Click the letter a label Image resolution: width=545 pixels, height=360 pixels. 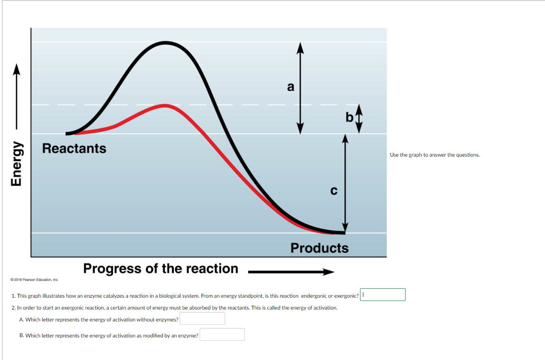click(x=291, y=87)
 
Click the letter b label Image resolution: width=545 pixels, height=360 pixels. click(x=349, y=118)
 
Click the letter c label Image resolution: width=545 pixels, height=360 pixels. click(x=334, y=191)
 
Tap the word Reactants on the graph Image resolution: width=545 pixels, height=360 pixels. click(x=74, y=148)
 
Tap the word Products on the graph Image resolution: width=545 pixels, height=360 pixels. click(x=319, y=248)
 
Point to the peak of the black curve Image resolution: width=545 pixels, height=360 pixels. click(x=165, y=42)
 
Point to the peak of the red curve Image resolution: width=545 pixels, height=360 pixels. click(x=165, y=105)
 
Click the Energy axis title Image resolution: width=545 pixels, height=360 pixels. click(x=16, y=164)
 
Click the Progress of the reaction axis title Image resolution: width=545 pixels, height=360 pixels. click(x=161, y=269)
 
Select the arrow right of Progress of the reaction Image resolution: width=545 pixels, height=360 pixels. click(x=292, y=272)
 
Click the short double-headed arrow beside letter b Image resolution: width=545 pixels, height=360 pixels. click(x=359, y=118)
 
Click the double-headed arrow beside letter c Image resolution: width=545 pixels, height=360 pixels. click(x=345, y=184)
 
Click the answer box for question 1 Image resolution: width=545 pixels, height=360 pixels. click(x=383, y=294)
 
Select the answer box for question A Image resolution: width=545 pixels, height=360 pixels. click(x=202, y=319)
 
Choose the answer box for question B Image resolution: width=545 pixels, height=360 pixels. click(x=222, y=335)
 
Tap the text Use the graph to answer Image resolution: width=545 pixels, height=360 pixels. click(x=435, y=155)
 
